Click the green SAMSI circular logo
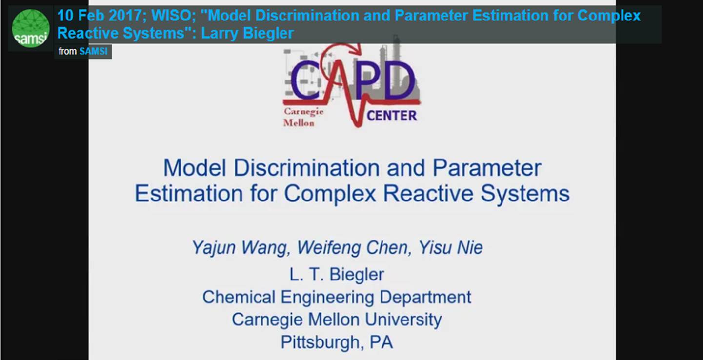(x=30, y=28)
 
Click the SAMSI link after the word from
(x=93, y=51)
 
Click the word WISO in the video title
(x=171, y=16)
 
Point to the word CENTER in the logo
(x=392, y=116)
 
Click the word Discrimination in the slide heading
(x=306, y=168)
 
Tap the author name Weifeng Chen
(x=352, y=248)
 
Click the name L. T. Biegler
(x=337, y=275)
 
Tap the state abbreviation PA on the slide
(x=381, y=342)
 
